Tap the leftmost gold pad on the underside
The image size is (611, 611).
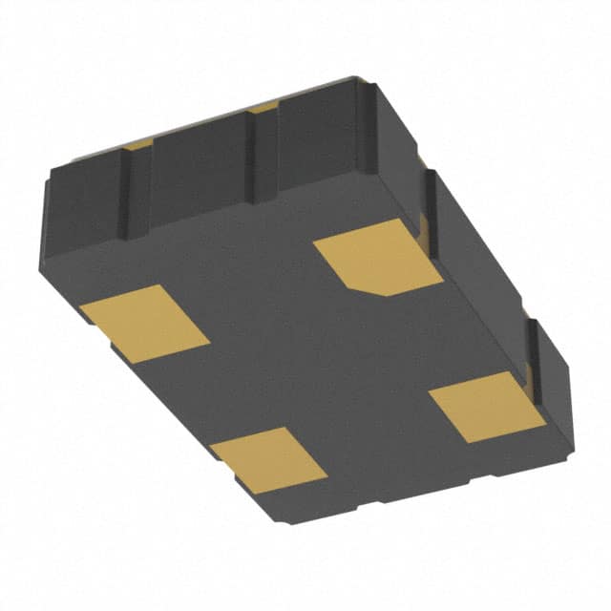(x=145, y=323)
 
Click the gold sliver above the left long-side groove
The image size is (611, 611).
(x=139, y=144)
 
